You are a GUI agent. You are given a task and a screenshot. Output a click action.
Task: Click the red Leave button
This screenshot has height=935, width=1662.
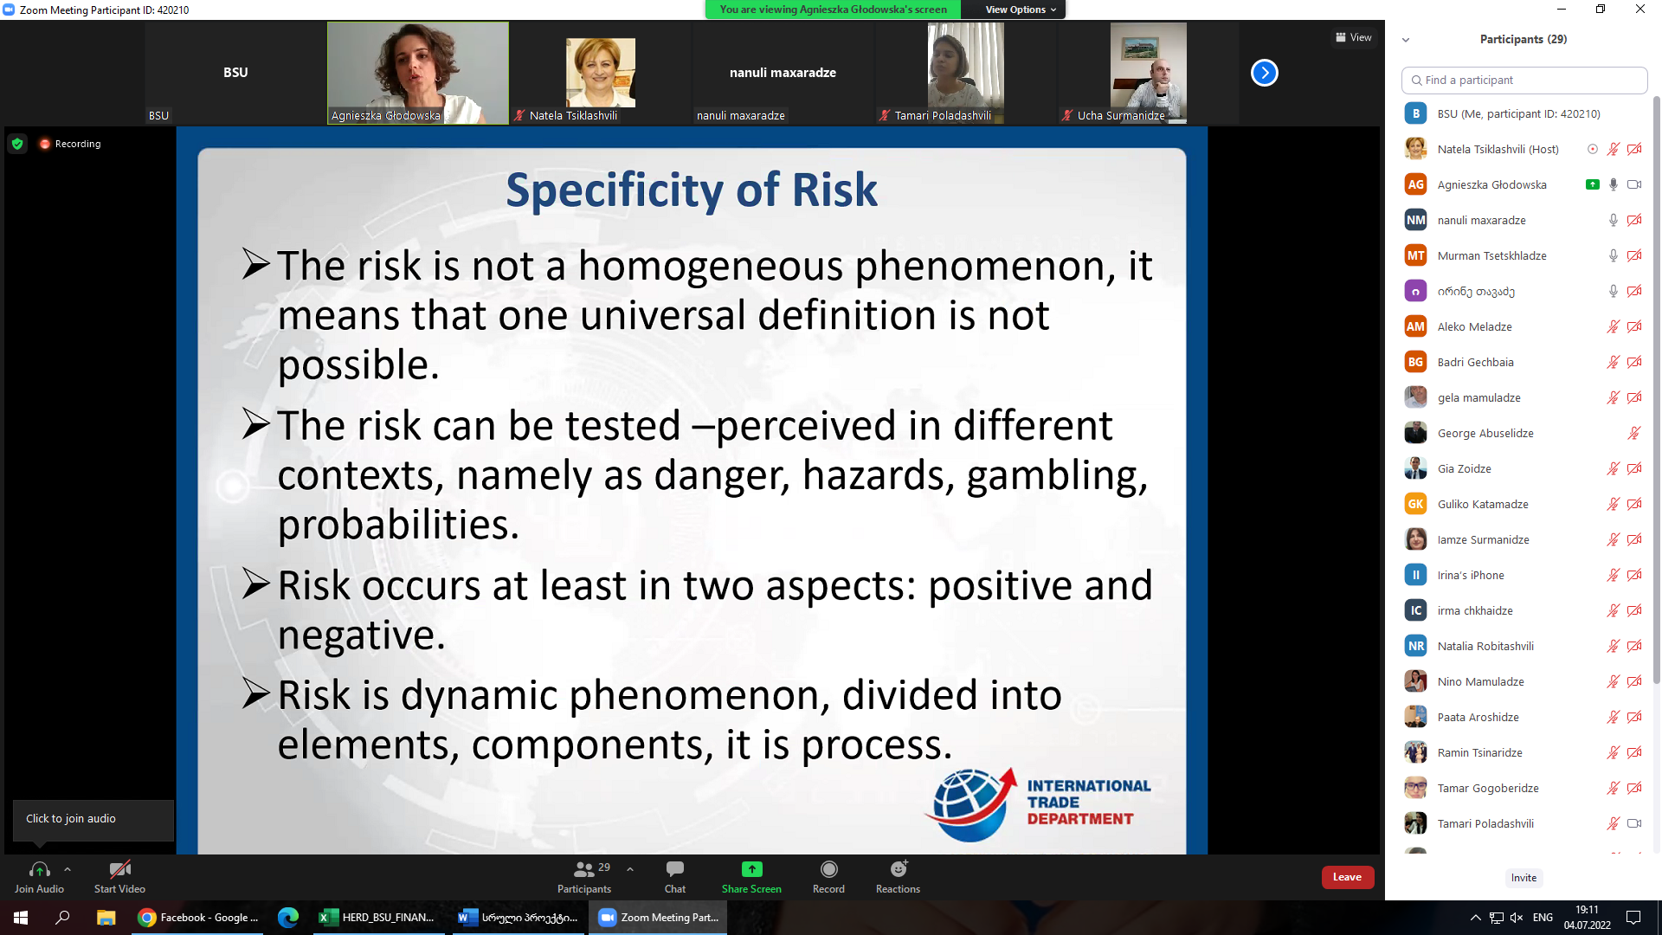tap(1347, 877)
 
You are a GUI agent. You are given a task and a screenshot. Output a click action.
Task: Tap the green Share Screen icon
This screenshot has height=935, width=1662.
tap(751, 869)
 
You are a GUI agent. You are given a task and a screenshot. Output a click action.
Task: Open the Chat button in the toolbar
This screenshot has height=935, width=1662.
tap(675, 876)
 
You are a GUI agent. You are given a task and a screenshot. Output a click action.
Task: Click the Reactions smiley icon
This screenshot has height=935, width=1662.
tap(899, 868)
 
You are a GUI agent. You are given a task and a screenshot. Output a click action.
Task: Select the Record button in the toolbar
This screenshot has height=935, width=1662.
tap(828, 876)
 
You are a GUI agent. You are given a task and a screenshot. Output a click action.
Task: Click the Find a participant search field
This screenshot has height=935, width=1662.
tap(1523, 80)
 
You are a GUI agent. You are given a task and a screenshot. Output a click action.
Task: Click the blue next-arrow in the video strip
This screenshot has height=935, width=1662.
tap(1265, 73)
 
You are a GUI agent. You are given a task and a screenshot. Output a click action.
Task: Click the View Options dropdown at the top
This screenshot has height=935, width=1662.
tap(1021, 10)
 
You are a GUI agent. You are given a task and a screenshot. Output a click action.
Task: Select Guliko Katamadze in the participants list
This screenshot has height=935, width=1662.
tap(1482, 504)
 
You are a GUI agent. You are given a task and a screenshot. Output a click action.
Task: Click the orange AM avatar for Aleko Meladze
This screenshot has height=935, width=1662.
tap(1415, 326)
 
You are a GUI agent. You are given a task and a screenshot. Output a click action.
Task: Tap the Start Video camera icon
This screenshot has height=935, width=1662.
tap(120, 868)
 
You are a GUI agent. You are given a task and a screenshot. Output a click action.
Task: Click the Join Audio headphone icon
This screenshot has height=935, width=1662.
tap(39, 868)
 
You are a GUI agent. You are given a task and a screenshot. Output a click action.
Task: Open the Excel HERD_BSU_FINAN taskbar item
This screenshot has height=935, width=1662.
tap(377, 918)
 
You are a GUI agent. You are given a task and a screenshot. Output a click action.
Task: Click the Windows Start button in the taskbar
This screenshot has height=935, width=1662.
tap(21, 918)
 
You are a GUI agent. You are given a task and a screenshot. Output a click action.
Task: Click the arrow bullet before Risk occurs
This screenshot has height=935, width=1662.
tap(256, 584)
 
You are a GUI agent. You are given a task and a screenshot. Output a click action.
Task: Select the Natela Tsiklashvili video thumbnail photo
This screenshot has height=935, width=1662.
tap(600, 73)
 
